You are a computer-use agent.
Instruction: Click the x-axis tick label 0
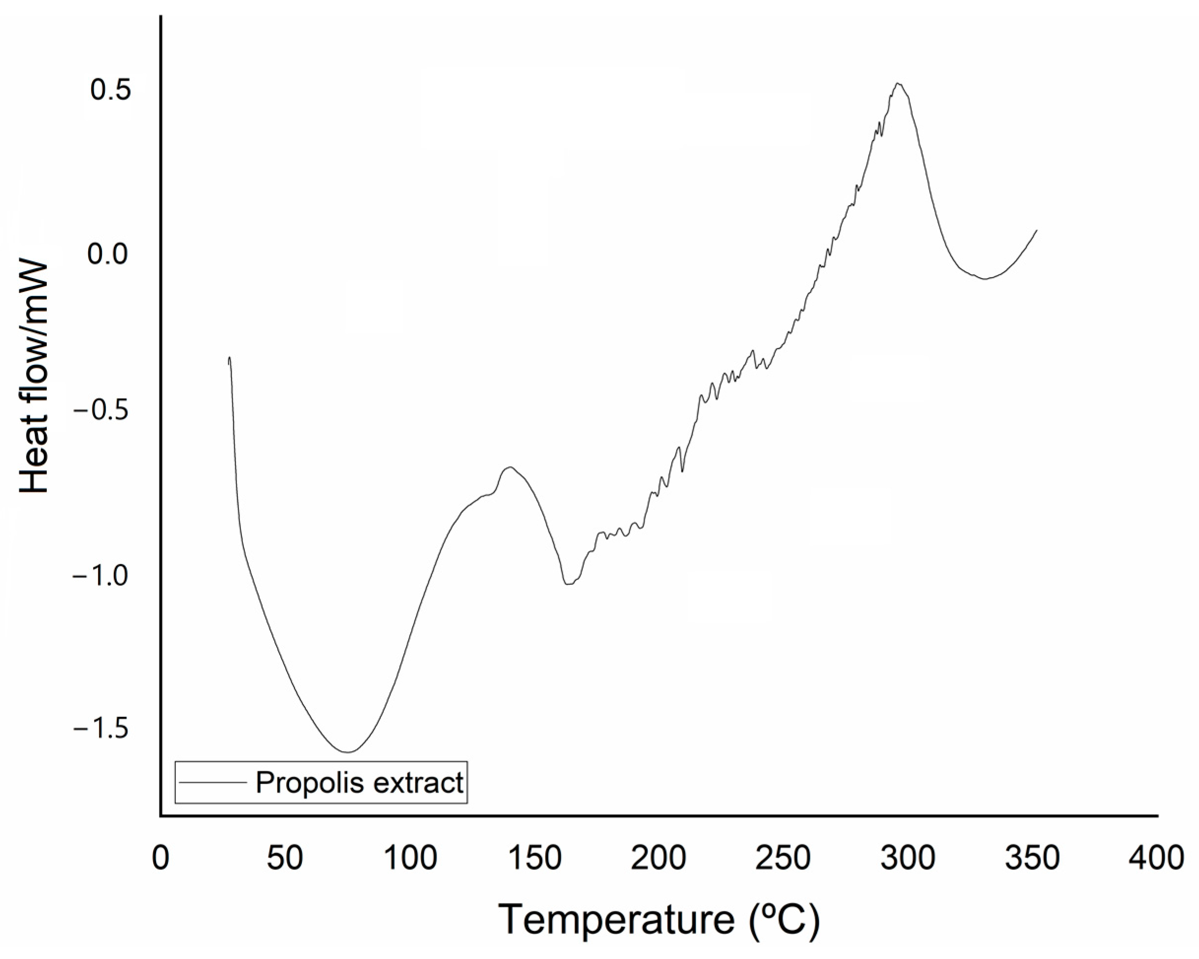pyautogui.click(x=160, y=859)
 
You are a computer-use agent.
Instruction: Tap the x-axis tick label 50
pyautogui.click(x=285, y=859)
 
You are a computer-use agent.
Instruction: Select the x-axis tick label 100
pyautogui.click(x=411, y=859)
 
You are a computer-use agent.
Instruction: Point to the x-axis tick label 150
pyautogui.click(x=535, y=859)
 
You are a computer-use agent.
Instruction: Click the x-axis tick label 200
pyautogui.click(x=658, y=859)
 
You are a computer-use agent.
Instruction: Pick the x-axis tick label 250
pyautogui.click(x=783, y=859)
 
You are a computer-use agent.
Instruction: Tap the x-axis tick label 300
pyautogui.click(x=907, y=859)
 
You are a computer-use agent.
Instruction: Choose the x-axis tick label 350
pyautogui.click(x=1032, y=859)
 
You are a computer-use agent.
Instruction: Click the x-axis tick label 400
pyautogui.click(x=1157, y=859)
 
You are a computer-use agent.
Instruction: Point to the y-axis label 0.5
pyautogui.click(x=111, y=90)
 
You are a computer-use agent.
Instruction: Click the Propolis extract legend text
pyautogui.click(x=359, y=783)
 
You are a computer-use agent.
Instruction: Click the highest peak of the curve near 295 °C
pyautogui.click(x=898, y=83)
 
